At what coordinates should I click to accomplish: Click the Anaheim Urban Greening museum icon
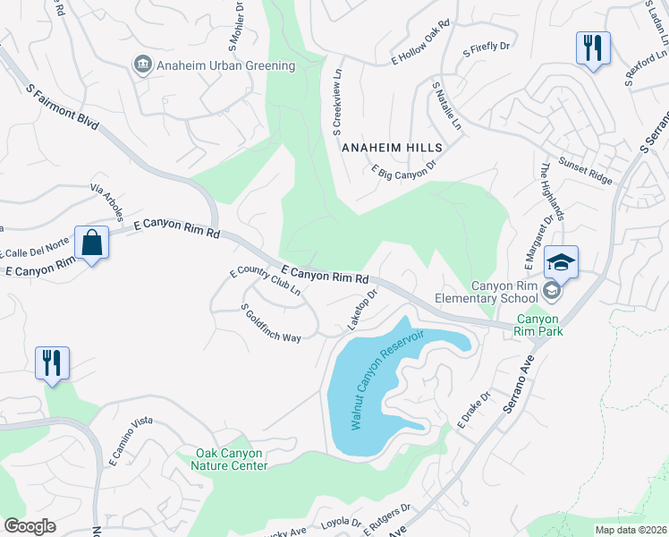[142, 65]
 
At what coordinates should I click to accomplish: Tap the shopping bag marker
[92, 243]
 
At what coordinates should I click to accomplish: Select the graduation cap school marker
[561, 262]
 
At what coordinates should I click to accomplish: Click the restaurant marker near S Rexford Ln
[593, 47]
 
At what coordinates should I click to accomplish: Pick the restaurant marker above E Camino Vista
[52, 362]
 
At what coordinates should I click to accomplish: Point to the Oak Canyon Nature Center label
[233, 459]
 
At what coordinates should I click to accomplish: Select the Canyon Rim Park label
[538, 325]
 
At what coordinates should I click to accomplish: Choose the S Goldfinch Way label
[271, 323]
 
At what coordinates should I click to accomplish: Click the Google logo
[30, 526]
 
